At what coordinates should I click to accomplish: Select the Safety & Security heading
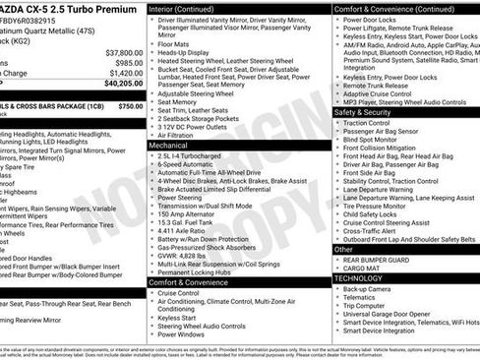coord(362,112)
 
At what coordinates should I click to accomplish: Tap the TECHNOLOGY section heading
coord(360,278)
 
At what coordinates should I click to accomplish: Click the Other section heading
coord(343,250)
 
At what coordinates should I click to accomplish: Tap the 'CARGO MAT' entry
coord(362,268)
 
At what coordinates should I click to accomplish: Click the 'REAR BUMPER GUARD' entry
coord(380,260)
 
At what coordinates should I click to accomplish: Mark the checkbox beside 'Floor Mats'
coord(151,43)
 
